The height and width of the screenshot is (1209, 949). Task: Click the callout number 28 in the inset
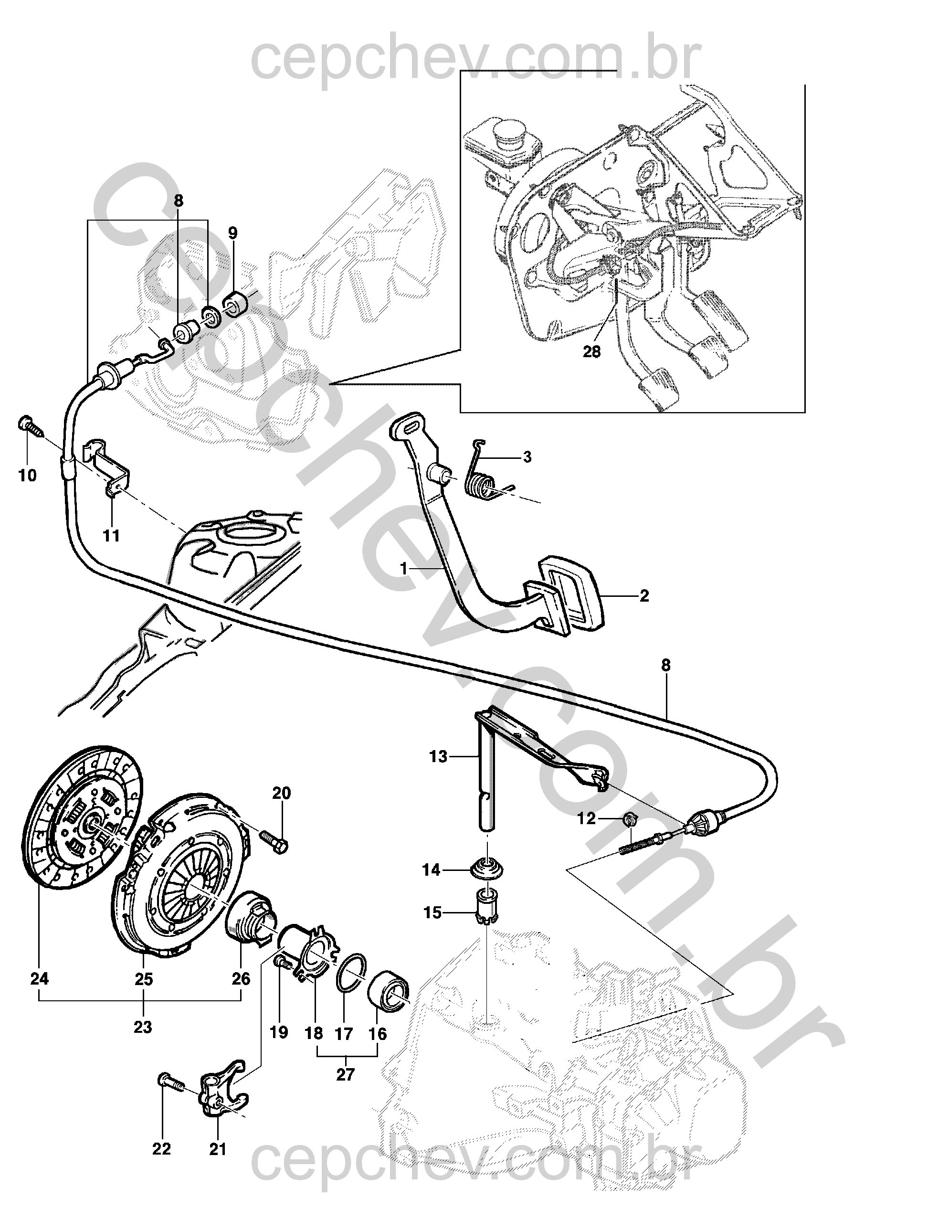click(x=592, y=352)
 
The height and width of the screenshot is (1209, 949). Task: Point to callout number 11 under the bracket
click(x=112, y=536)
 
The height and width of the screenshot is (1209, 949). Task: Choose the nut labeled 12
click(x=630, y=818)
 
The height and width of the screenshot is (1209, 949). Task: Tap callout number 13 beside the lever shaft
click(x=438, y=757)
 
